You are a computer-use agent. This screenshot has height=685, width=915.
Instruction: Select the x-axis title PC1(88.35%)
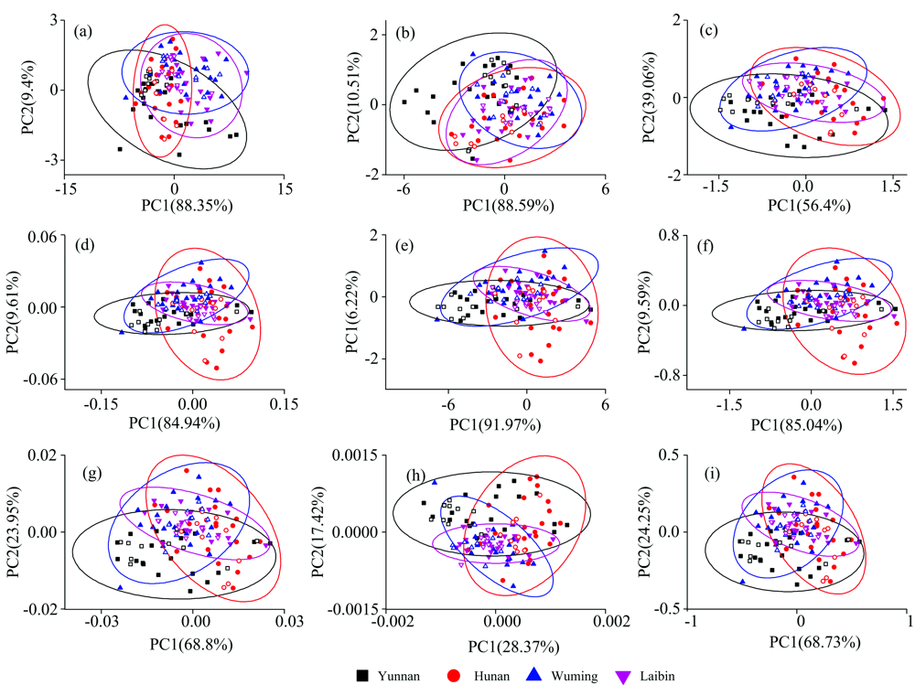[x=175, y=206]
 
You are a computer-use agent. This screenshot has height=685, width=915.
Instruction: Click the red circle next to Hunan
[x=453, y=676]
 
